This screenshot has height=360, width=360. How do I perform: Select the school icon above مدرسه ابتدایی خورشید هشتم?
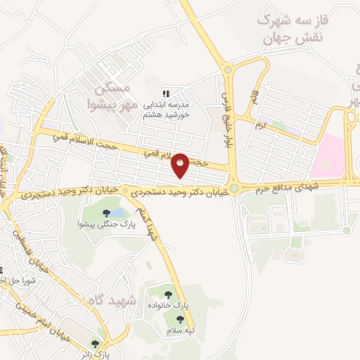click(166, 93)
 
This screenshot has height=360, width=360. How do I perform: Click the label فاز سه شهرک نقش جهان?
click(289, 30)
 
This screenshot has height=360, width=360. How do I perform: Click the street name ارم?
click(260, 125)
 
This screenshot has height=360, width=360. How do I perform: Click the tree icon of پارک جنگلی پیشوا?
click(106, 212)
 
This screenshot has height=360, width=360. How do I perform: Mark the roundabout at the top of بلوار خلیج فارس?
click(227, 70)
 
